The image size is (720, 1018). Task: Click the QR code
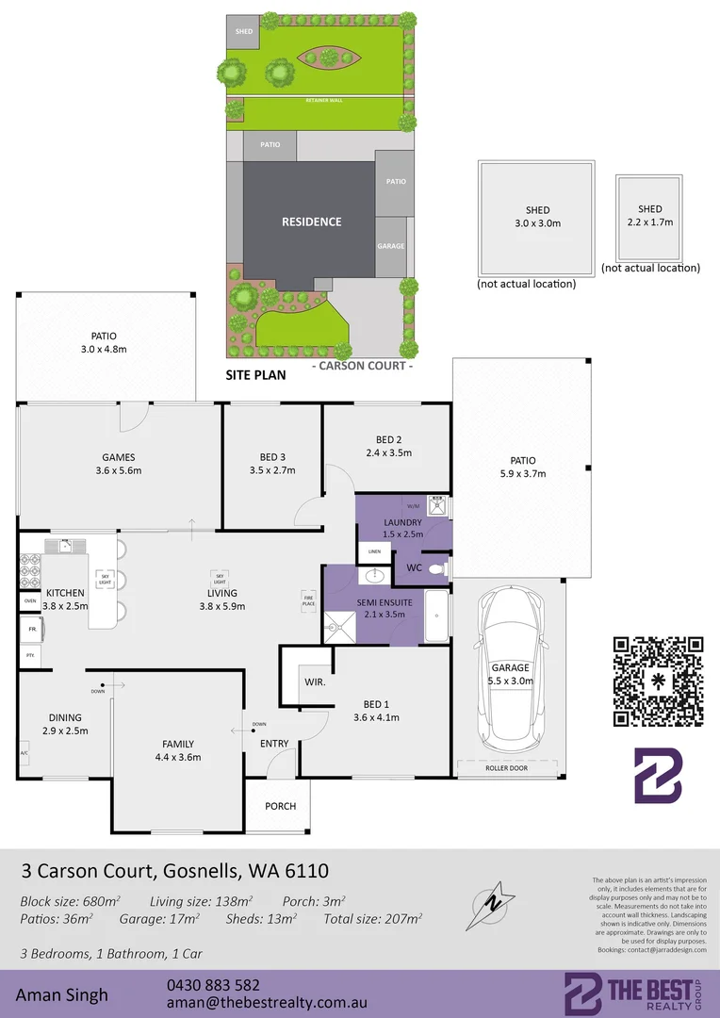[x=659, y=681]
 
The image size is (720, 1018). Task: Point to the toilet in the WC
[x=435, y=568]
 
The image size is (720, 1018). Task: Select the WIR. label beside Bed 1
[x=315, y=681]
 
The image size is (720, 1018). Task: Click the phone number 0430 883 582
[x=213, y=985]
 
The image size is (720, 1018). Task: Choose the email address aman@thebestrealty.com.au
[x=266, y=1004]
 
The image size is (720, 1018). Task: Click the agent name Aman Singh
[x=61, y=994]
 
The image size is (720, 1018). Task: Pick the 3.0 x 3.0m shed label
[x=537, y=217]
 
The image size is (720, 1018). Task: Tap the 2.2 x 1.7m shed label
[x=650, y=216]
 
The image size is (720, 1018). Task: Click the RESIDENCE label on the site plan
[x=312, y=222]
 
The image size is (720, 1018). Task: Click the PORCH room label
[x=281, y=806]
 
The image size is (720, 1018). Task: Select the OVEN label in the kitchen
[x=29, y=600]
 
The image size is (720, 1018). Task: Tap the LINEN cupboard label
[x=374, y=551]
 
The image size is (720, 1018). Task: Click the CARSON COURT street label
[x=363, y=366]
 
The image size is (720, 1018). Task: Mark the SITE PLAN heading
[x=255, y=374]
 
